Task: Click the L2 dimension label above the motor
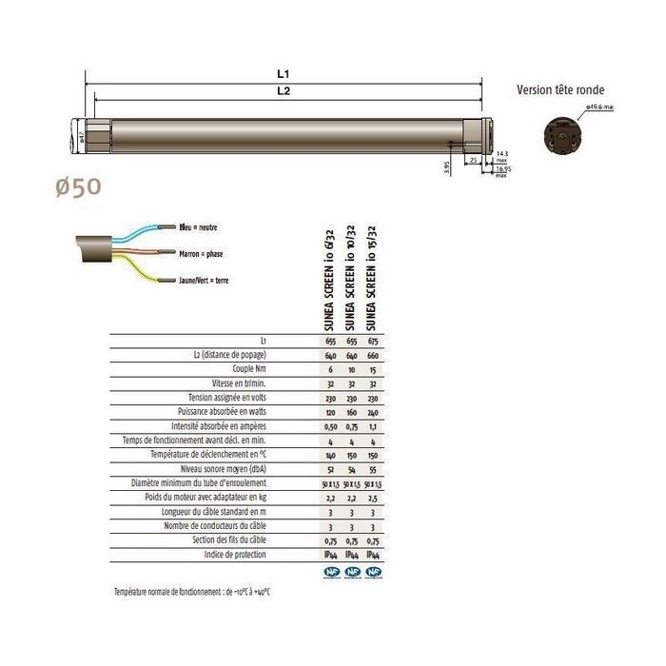(x=284, y=91)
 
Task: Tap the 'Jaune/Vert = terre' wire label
(x=209, y=281)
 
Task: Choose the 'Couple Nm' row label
(x=248, y=366)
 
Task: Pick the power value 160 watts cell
(x=352, y=411)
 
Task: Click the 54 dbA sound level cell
(x=352, y=469)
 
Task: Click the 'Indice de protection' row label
(x=236, y=555)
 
